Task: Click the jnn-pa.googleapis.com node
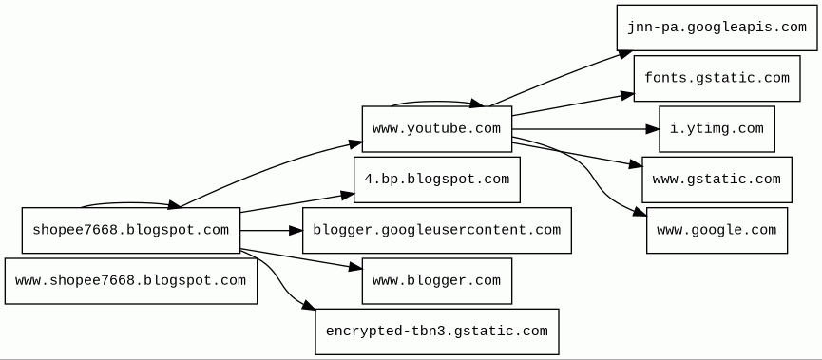[x=717, y=28]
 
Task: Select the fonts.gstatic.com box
[x=717, y=78]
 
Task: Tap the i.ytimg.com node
[x=717, y=129]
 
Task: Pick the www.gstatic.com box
[x=717, y=180]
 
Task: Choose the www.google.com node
[x=717, y=230]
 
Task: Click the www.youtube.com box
[x=437, y=129]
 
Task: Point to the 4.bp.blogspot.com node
[x=437, y=180]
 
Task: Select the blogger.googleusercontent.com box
[x=437, y=230]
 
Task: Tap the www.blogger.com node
[x=437, y=280]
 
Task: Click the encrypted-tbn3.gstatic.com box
[x=437, y=332]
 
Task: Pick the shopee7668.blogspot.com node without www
[x=131, y=230]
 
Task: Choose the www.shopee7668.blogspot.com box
[x=131, y=280]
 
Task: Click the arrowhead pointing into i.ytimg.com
[x=652, y=129]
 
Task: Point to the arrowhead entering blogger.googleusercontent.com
[x=296, y=230]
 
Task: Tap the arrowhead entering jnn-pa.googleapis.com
[x=625, y=53]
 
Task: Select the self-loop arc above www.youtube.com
[x=437, y=101]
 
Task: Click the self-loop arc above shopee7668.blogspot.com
[x=131, y=202]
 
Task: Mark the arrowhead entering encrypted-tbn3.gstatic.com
[x=308, y=305]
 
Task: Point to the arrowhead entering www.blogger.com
[x=354, y=267]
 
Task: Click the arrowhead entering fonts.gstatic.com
[x=627, y=96]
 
